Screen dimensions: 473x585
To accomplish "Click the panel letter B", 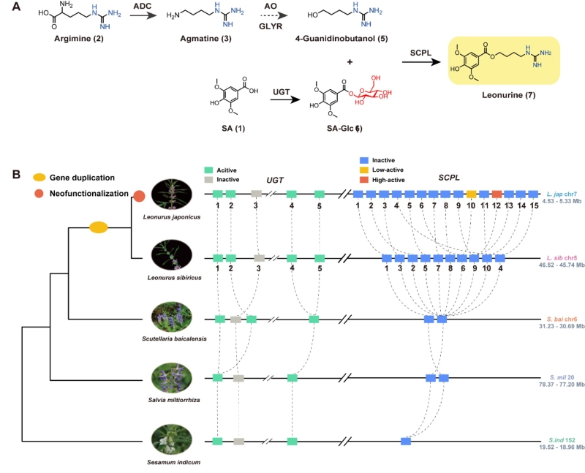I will pos(9,175).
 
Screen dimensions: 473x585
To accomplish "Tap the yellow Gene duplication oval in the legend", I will pos(41,178).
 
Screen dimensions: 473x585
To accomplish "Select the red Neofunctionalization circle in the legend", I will pos(41,193).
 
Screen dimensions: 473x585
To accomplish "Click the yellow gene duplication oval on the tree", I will pos(98,228).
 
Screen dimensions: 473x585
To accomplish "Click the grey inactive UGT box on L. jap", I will pos(257,194).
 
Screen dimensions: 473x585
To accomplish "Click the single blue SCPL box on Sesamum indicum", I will pos(406,441).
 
